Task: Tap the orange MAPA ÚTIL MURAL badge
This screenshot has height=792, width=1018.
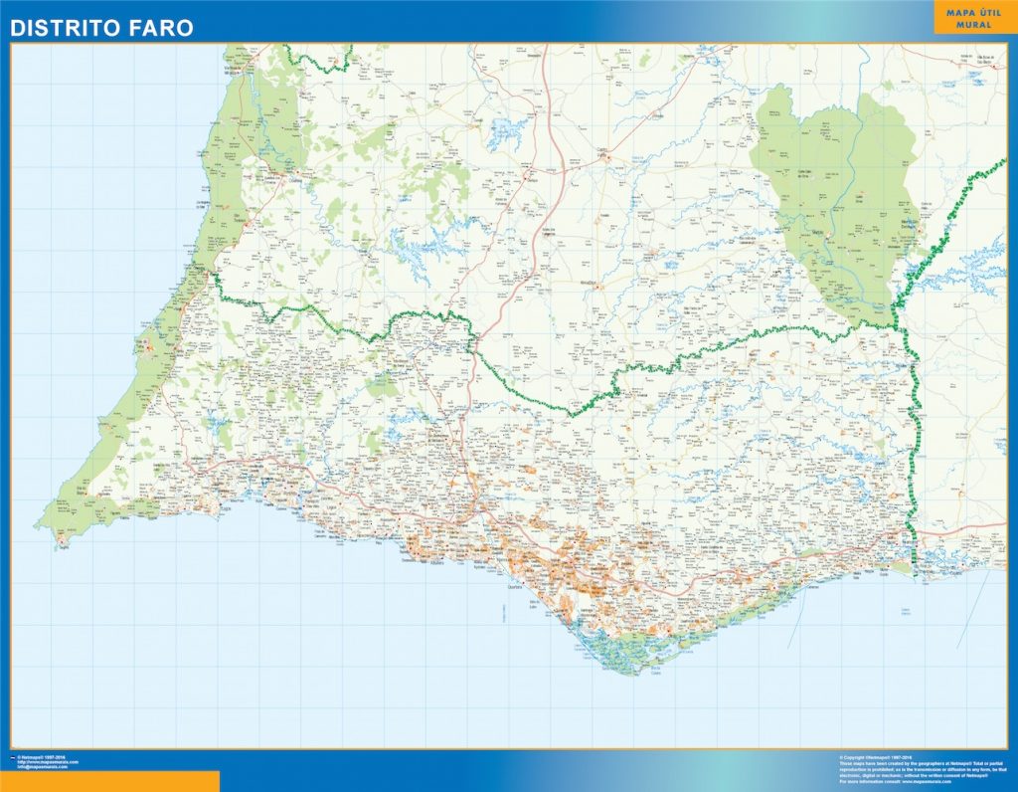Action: coord(973,17)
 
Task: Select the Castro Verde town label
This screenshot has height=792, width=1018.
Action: coord(602,151)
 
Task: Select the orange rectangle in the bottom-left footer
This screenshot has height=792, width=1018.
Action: coord(109,781)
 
